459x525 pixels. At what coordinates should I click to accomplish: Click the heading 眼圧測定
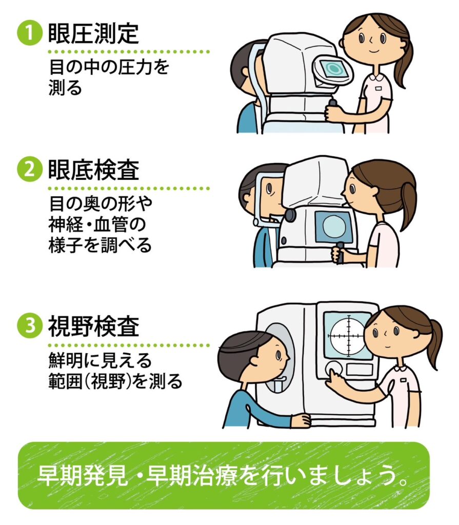(x=93, y=33)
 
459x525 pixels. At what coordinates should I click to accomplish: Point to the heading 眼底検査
(x=93, y=170)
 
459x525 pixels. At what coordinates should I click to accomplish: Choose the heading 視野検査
(x=93, y=326)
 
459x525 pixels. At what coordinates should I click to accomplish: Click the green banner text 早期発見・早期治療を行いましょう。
(x=223, y=475)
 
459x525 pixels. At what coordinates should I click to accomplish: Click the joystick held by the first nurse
(x=333, y=108)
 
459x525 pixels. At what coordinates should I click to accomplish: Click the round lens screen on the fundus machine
(x=334, y=226)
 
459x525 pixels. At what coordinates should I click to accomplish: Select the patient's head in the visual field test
(x=254, y=355)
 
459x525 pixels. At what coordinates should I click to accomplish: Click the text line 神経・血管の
(x=97, y=225)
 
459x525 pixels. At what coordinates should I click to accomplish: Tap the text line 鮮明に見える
(x=100, y=360)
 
